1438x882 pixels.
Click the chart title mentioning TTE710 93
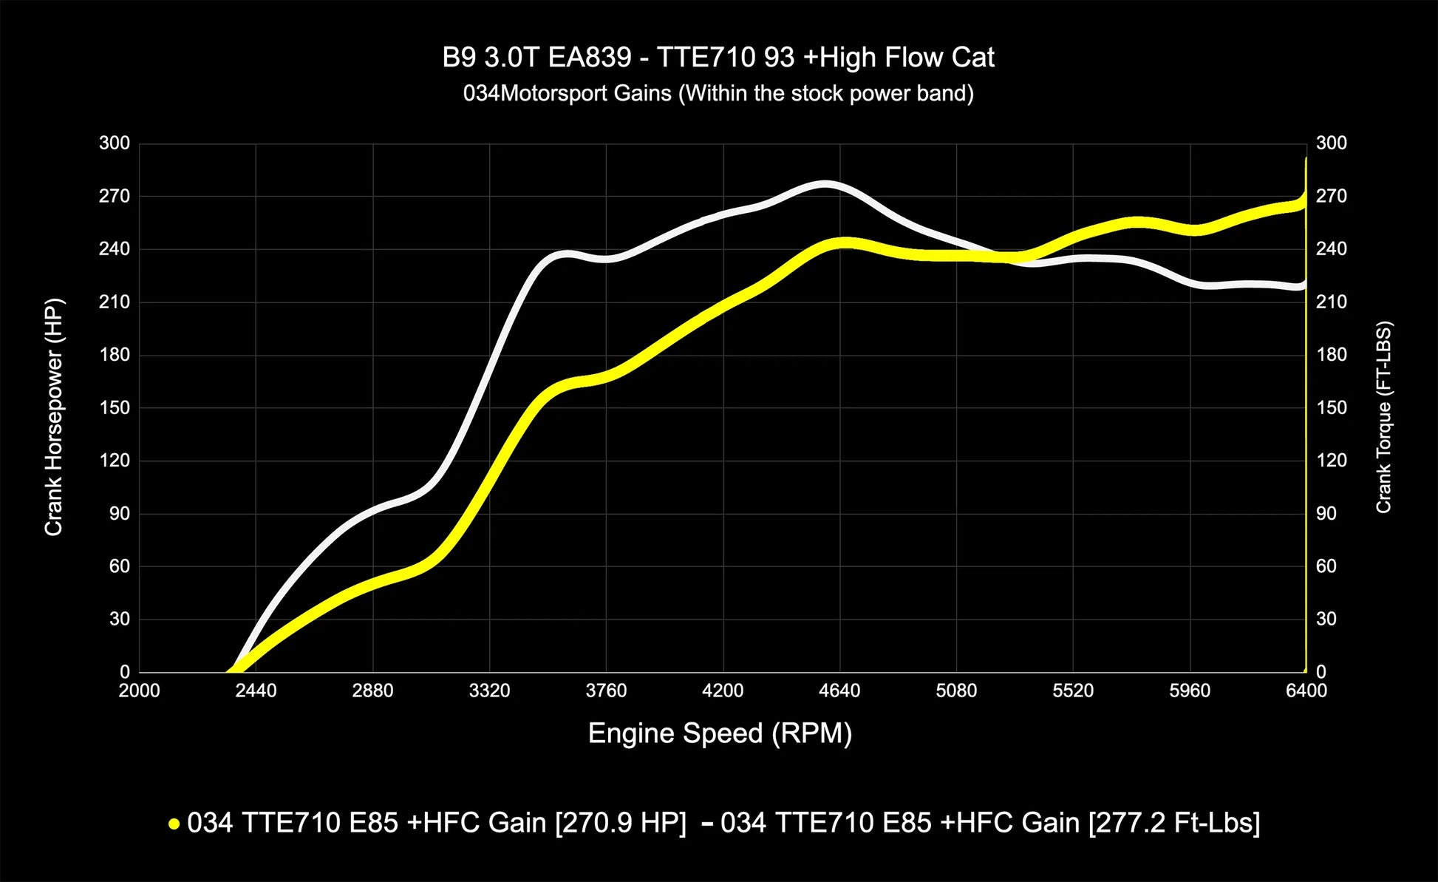point(718,58)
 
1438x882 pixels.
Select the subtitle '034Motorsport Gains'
point(718,94)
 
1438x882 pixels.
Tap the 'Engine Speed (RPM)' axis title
point(720,733)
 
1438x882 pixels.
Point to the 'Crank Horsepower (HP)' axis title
point(54,417)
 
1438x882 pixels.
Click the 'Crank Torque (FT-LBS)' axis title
point(1383,417)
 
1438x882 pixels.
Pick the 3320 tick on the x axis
point(489,691)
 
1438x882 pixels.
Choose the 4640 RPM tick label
point(839,691)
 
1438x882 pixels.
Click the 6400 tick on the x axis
point(1306,691)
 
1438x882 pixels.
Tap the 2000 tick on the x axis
point(139,691)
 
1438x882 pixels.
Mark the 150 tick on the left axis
point(115,408)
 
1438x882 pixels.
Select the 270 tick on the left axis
point(115,197)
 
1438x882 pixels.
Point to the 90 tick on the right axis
point(1326,514)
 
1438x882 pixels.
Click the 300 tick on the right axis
point(1331,143)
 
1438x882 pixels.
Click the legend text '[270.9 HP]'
point(620,823)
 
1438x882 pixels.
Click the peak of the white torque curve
point(825,183)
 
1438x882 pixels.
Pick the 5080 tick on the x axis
point(956,691)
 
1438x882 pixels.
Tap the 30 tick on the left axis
point(119,620)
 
